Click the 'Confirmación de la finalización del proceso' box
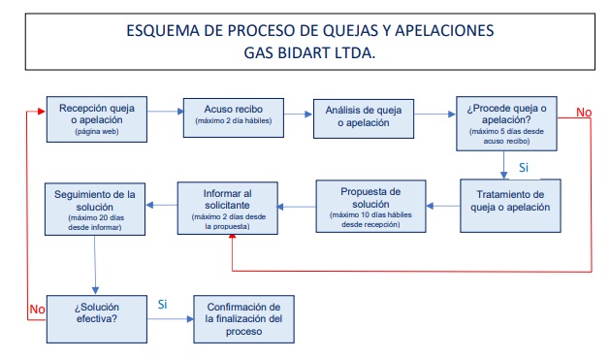point(242,316)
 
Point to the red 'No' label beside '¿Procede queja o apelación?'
point(583,113)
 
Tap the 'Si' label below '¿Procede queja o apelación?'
point(524,167)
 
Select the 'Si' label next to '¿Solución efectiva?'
point(163,304)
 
